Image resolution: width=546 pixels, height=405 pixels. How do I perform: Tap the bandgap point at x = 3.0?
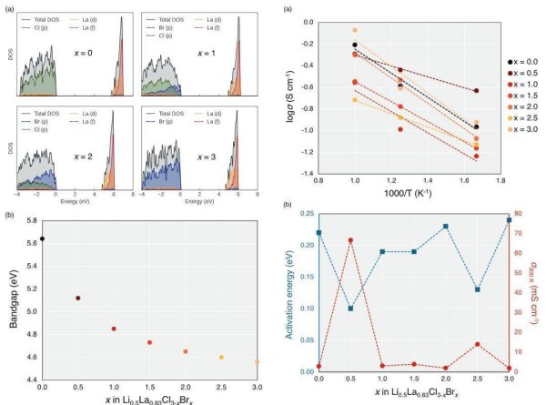pos(258,361)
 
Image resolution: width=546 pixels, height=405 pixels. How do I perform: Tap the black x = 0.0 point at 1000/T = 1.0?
pos(355,45)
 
